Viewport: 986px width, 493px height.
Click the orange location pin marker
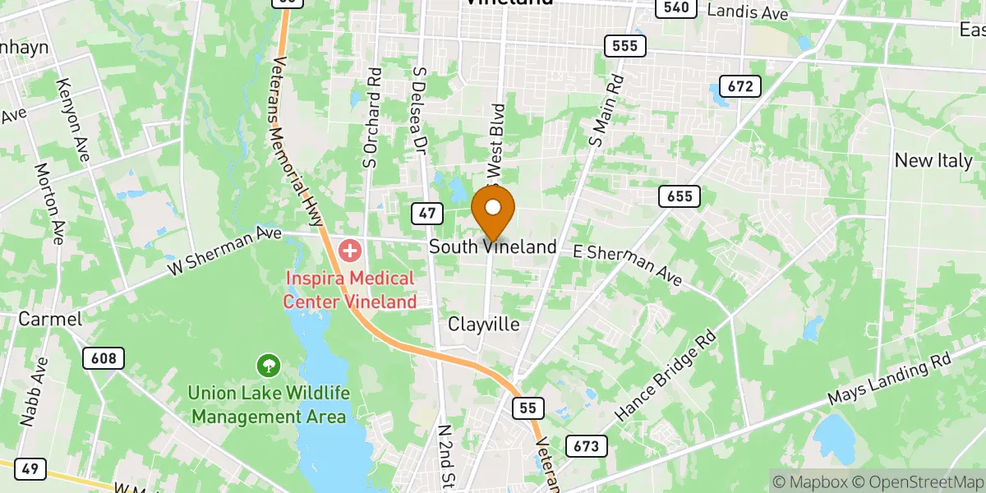(493, 212)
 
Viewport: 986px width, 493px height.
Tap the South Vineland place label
(493, 246)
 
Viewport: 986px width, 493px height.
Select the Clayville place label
(484, 325)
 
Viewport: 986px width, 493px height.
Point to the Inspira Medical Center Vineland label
(350, 290)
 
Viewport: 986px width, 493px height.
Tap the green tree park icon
(268, 364)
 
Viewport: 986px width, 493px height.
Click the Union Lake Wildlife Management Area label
(270, 406)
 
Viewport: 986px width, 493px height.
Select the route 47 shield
(426, 214)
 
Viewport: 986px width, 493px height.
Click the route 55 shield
(527, 408)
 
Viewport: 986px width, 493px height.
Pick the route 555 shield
(624, 46)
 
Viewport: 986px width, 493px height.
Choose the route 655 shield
(680, 196)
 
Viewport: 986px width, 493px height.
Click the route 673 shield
(587, 446)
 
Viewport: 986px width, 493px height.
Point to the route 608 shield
(104, 358)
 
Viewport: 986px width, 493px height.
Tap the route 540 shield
(675, 8)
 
